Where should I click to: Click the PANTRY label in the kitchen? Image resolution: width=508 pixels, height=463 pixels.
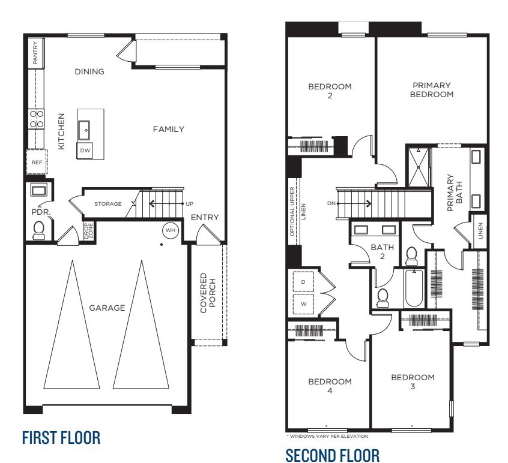point(36,53)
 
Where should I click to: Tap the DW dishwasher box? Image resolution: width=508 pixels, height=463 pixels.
point(85,151)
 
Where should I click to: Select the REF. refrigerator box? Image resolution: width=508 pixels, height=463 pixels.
point(35,162)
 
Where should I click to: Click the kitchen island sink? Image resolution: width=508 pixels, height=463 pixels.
point(85,128)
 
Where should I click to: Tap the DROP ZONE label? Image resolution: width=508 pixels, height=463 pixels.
point(88,231)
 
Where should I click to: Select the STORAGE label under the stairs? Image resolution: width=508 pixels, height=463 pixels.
point(107,204)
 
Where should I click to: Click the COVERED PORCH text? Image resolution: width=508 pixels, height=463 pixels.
point(207,293)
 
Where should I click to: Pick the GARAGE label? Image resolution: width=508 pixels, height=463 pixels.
point(107,308)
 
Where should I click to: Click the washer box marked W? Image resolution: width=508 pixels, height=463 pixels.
point(303,303)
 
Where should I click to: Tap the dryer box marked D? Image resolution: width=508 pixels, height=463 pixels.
point(303,282)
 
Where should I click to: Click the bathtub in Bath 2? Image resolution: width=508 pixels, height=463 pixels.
point(414,289)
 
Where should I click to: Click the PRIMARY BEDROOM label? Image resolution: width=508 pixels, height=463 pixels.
point(431,90)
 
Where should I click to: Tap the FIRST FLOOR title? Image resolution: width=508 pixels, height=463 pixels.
point(61,437)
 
